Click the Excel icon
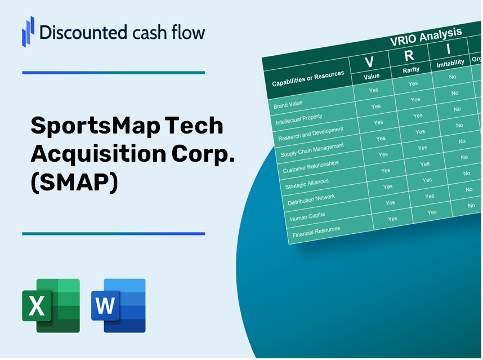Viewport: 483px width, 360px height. pyautogui.click(x=51, y=305)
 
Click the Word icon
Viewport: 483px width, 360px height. pyautogui.click(x=118, y=305)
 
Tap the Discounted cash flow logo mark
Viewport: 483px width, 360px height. pyautogui.click(x=28, y=32)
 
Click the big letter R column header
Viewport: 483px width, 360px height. pyautogui.click(x=409, y=55)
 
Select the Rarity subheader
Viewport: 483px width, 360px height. pyautogui.click(x=411, y=70)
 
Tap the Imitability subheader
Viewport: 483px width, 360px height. pyautogui.click(x=450, y=63)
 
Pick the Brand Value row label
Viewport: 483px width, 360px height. pyautogui.click(x=288, y=104)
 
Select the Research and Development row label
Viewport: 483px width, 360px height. pyautogui.click(x=310, y=134)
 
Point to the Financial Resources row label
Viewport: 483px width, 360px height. pyautogui.click(x=316, y=230)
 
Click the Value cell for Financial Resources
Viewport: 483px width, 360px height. pyautogui.click(x=392, y=219)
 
